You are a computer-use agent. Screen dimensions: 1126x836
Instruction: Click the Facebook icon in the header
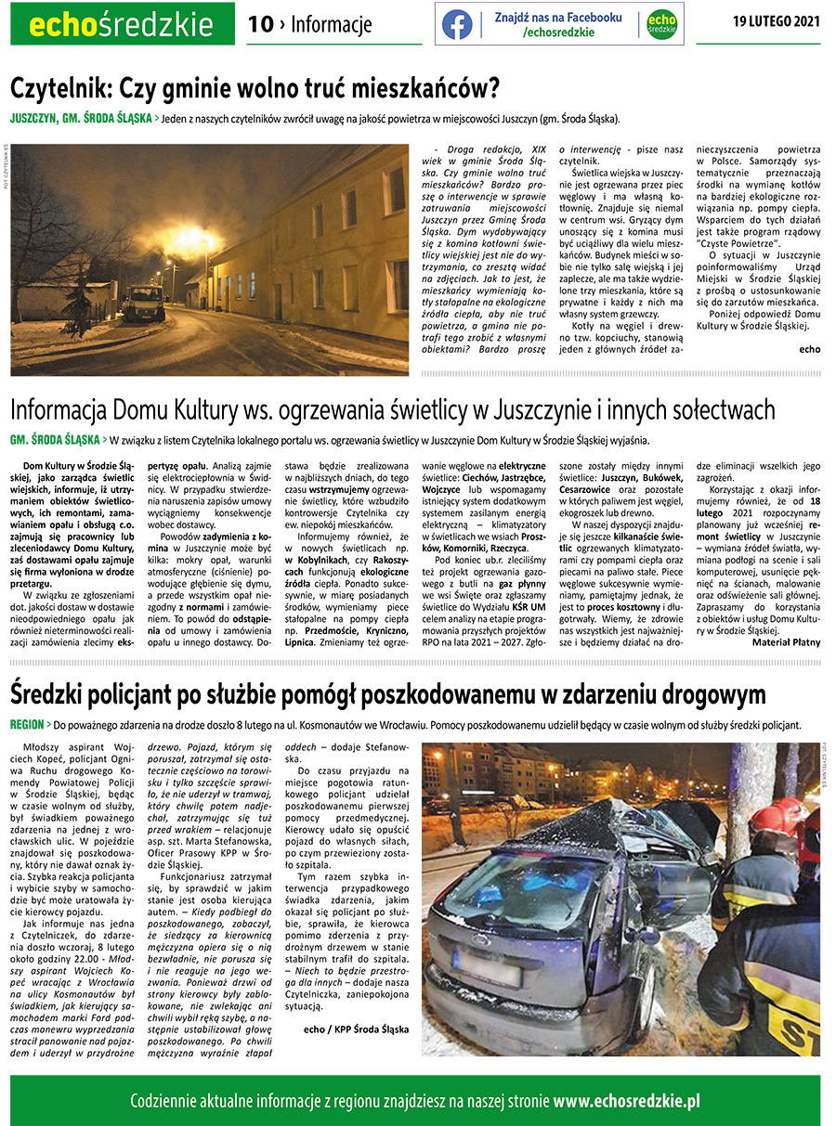pyautogui.click(x=457, y=24)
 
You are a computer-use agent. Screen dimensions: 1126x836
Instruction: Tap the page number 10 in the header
pyautogui.click(x=260, y=24)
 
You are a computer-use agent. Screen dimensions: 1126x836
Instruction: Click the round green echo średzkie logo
pyautogui.click(x=661, y=24)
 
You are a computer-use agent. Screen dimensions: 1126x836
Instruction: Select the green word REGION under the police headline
pyautogui.click(x=28, y=724)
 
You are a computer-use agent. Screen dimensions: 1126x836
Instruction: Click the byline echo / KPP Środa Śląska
pyautogui.click(x=356, y=1029)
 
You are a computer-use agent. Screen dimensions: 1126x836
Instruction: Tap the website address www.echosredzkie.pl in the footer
pyautogui.click(x=626, y=1101)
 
